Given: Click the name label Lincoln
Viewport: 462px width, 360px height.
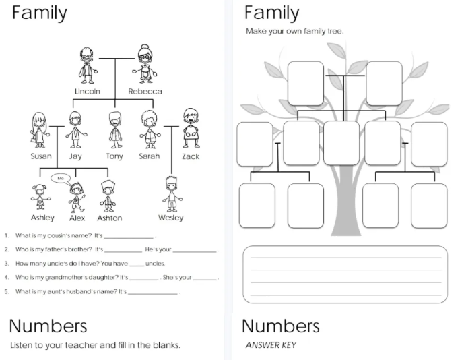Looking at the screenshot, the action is (88, 92).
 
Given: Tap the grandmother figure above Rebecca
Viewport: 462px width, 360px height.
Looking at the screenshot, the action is (145, 64).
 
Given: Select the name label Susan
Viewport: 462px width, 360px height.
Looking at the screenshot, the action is (41, 156).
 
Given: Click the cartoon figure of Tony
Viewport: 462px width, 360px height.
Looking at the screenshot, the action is (115, 129).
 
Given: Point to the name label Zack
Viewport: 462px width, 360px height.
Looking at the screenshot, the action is (191, 156).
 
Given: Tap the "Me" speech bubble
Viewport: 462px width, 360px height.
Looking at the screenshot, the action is (61, 179).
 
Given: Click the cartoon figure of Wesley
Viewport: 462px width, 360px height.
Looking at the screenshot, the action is (172, 193).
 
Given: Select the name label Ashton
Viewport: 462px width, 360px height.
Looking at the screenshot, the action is (110, 218).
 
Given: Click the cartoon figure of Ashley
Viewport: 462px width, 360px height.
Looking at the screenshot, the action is (40, 197).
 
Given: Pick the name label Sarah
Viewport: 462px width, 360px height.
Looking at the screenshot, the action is (150, 156).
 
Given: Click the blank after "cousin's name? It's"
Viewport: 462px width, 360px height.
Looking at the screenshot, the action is (129, 237).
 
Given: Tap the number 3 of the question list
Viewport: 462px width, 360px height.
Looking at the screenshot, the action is (7, 264).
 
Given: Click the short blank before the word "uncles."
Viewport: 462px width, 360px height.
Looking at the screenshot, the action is (137, 266).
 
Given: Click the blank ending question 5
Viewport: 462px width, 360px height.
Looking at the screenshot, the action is (153, 293).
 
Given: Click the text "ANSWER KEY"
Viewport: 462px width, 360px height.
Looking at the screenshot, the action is (271, 345).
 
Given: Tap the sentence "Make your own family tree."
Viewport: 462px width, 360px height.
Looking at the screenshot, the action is (295, 31).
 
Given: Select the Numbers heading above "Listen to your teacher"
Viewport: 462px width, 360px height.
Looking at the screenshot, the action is (48, 326).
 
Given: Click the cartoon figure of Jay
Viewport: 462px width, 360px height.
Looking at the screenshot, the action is (75, 129).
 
